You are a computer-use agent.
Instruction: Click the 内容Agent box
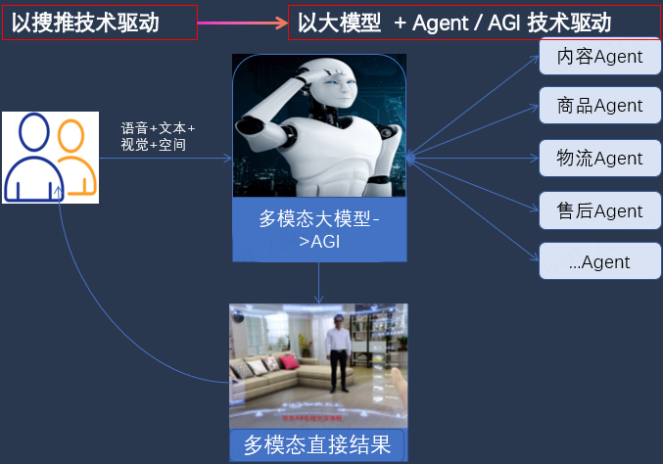[599, 57]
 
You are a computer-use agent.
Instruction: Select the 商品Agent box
[599, 106]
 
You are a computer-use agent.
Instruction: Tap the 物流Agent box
[599, 159]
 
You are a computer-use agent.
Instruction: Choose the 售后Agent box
[599, 211]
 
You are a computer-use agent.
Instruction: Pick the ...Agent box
[599, 262]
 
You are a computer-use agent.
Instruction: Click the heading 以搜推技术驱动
[99, 23]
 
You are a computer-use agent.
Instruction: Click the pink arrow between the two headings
[242, 22]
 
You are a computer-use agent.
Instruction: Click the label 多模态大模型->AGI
[319, 231]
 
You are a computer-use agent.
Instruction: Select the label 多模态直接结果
[318, 445]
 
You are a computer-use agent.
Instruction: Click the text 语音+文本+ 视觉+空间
[158, 136]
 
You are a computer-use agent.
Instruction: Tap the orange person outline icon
[74, 157]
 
